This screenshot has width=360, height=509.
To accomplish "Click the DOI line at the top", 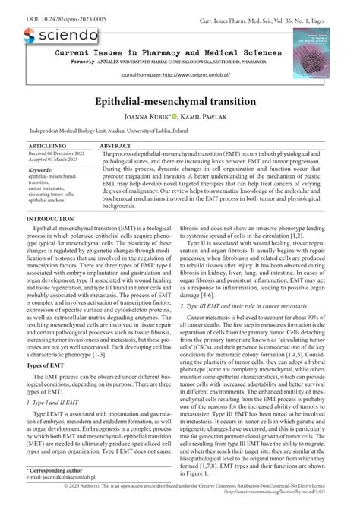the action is coord(46,7).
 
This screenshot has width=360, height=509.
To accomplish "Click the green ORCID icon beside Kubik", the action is coord(174,118).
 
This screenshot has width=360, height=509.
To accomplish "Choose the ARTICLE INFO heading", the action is coord(47,144).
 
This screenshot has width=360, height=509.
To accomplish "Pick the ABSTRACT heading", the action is coord(115,144).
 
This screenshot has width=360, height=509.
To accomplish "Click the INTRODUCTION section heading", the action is coord(50,219).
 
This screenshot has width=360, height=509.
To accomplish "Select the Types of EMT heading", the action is coord(48,366).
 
